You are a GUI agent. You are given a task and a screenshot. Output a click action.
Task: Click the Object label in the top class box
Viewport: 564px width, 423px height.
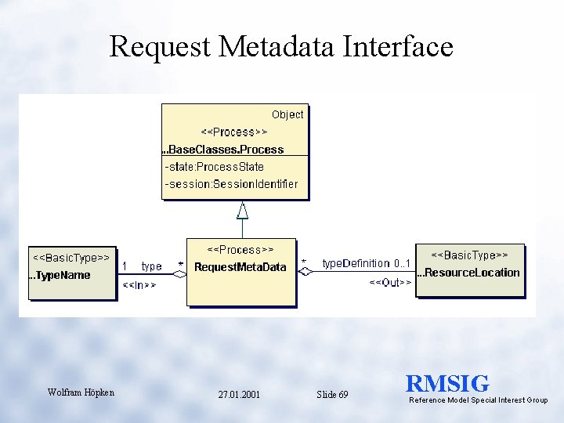point(287,114)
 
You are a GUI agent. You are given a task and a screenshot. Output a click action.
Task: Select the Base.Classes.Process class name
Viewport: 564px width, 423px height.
point(223,149)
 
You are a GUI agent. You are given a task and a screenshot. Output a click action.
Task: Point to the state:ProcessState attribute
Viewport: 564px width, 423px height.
point(215,167)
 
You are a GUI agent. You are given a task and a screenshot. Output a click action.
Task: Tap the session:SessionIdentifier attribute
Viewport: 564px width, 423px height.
point(231,184)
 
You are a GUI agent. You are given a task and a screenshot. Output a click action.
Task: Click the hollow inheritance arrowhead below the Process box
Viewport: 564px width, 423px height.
point(243,209)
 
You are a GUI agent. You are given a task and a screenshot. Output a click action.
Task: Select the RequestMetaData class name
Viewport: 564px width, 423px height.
point(240,267)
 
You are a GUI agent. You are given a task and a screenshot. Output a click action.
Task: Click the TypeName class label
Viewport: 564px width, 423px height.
point(60,275)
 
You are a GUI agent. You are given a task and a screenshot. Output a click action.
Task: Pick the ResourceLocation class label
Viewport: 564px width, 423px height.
point(468,273)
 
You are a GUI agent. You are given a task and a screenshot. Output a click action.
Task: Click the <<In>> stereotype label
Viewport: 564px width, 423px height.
point(139,285)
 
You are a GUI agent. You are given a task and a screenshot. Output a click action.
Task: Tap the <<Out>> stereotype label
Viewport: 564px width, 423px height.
point(390,282)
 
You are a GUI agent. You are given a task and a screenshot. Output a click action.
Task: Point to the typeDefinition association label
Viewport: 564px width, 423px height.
point(356,263)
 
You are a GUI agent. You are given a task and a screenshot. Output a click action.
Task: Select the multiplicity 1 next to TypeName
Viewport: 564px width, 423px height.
point(125,266)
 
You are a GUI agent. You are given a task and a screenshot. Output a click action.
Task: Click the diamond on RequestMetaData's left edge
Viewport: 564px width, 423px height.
point(180,274)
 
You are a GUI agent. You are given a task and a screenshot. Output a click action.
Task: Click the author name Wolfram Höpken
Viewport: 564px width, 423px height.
point(81,392)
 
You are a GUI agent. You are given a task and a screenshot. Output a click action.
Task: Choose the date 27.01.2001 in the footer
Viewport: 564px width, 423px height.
point(239,395)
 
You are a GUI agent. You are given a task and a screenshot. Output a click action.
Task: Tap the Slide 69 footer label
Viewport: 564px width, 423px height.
point(332,395)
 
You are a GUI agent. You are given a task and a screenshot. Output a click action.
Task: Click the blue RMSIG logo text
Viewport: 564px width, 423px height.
point(447,384)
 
